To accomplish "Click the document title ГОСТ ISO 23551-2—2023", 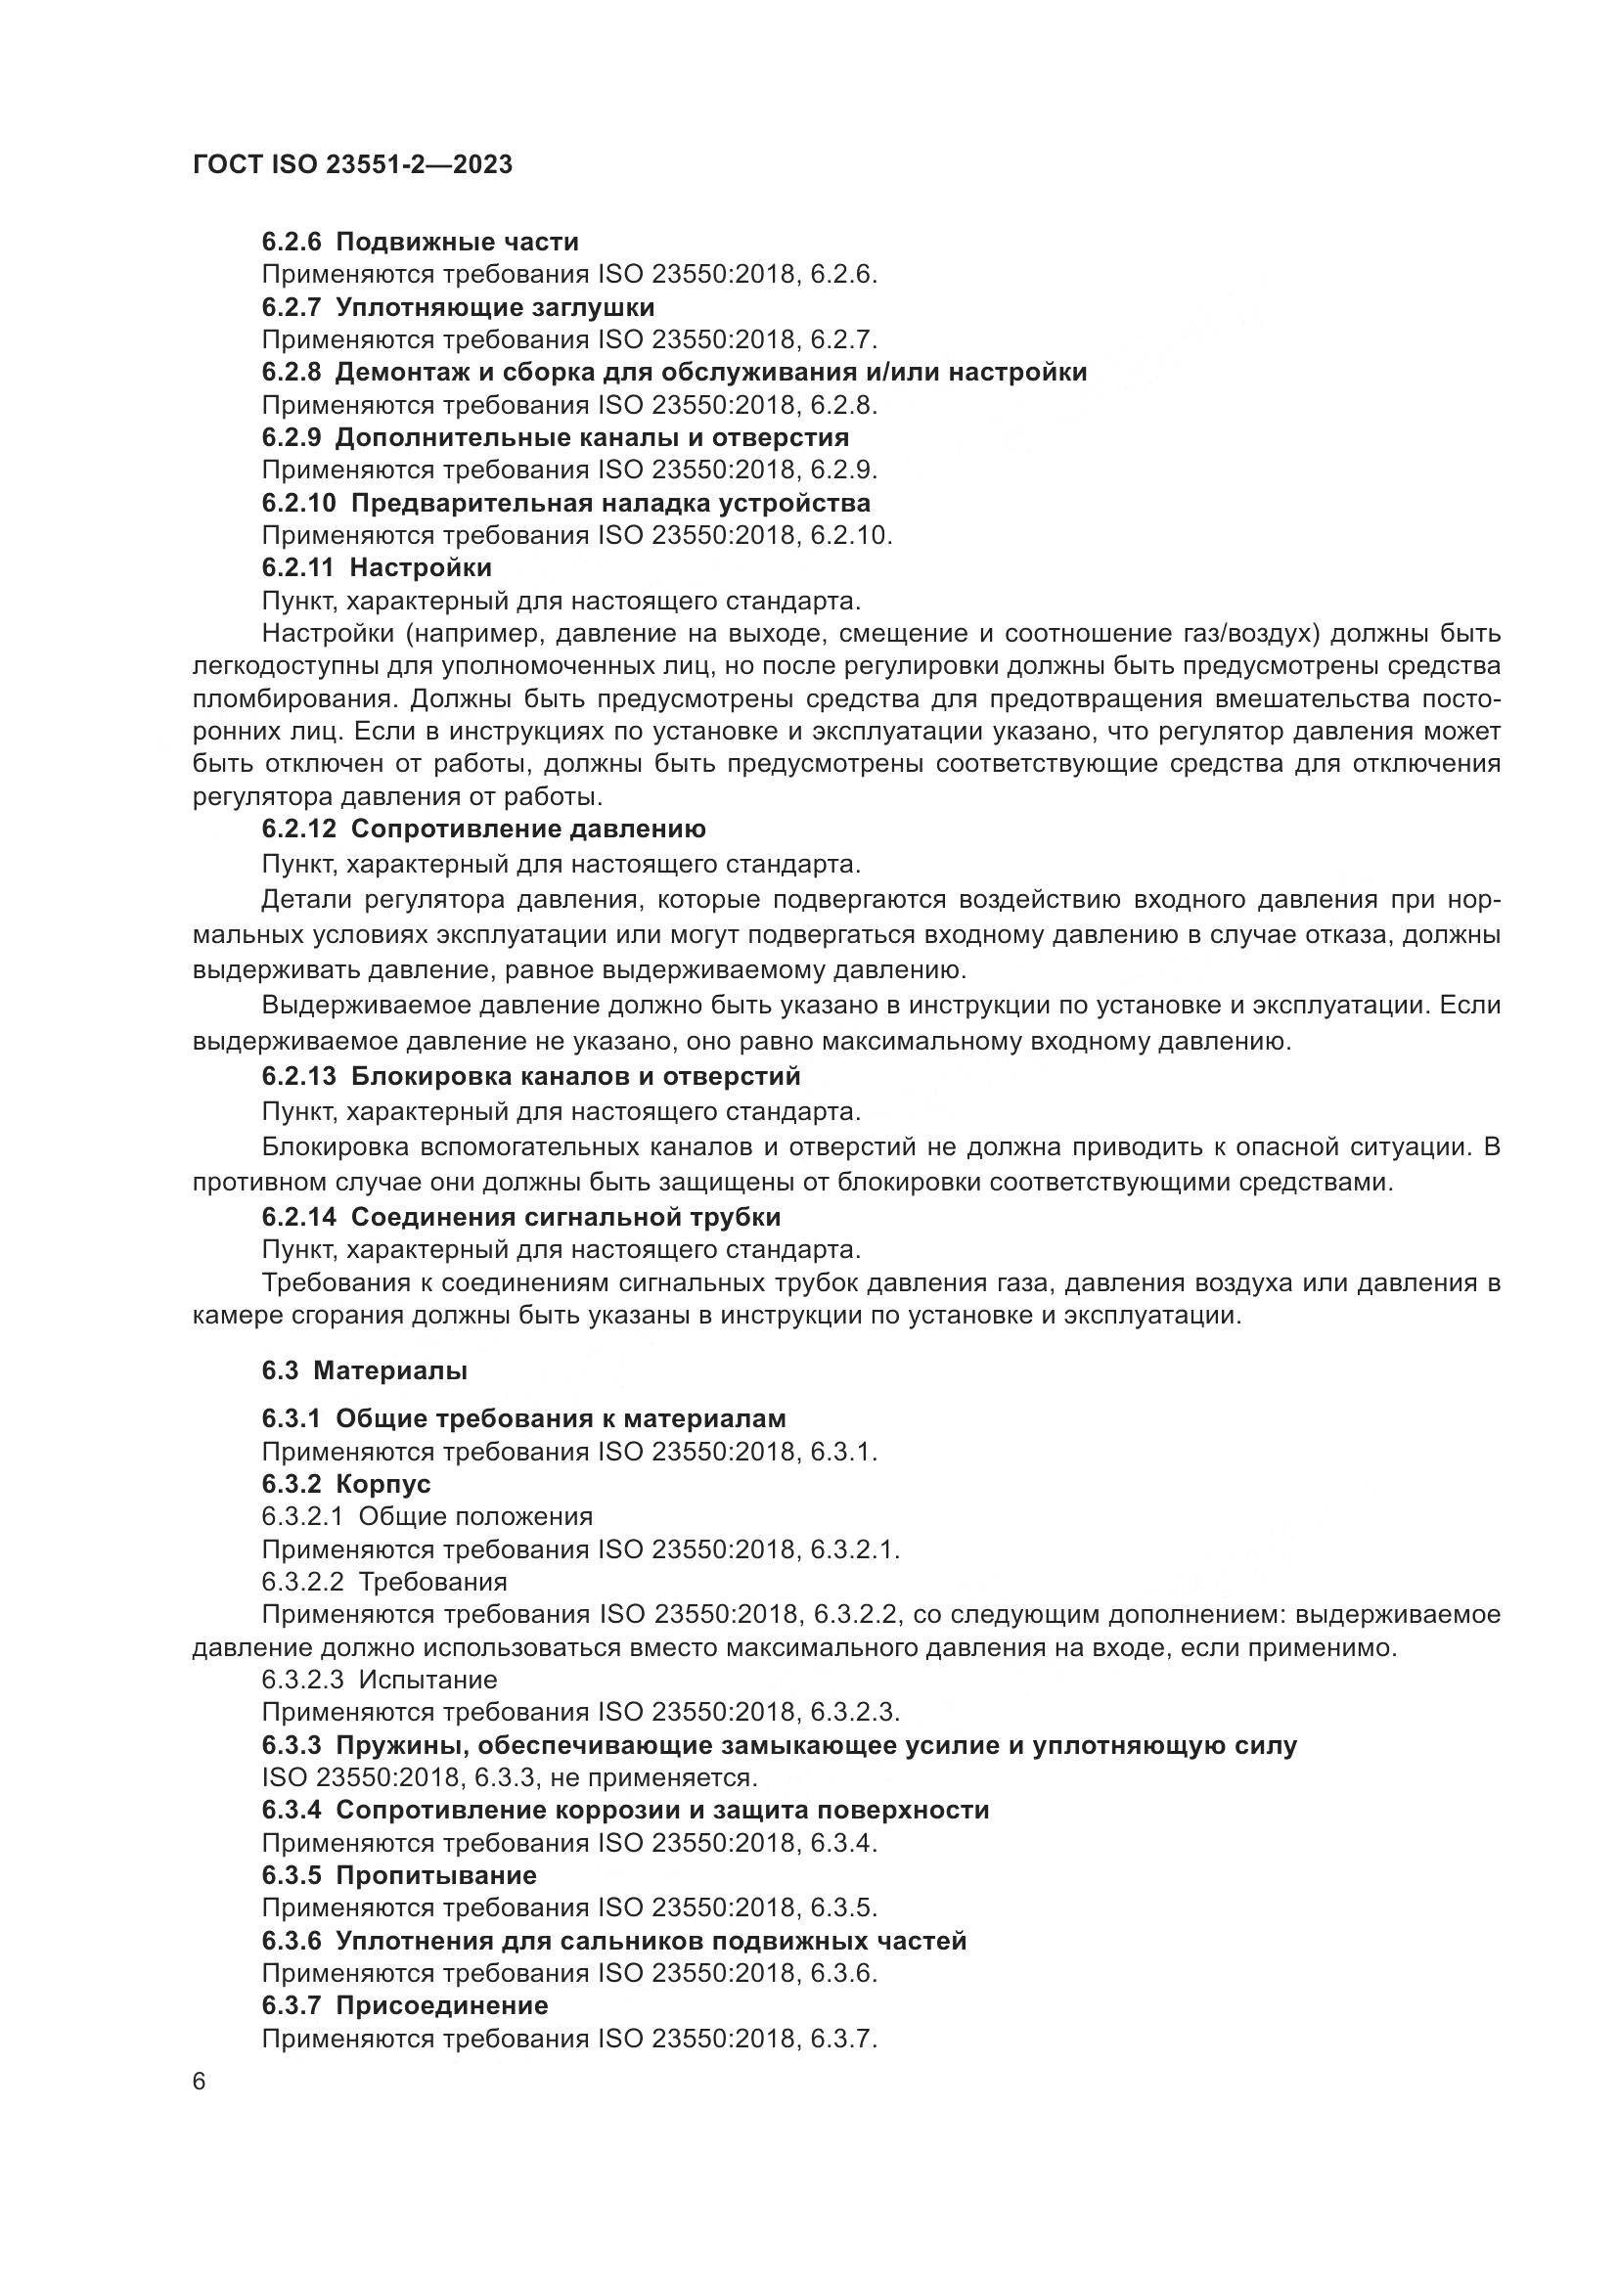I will coord(352,165).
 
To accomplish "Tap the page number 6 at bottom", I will coord(200,2082).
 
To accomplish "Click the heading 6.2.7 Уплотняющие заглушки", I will coord(457,307).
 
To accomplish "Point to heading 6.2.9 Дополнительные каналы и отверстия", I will coord(555,437).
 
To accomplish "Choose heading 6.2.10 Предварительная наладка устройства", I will coord(565,502).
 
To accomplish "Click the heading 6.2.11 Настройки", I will coord(377,568).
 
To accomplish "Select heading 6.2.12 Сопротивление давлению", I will coord(483,830).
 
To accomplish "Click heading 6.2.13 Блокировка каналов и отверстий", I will coord(531,1077).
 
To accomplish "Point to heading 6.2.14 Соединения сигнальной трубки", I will coord(521,1218).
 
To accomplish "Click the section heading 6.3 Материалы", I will coord(365,1371).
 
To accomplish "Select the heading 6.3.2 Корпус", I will coord(345,1485).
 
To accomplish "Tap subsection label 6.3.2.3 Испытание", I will coord(379,1681).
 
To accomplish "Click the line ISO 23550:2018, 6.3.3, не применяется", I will coord(509,1777).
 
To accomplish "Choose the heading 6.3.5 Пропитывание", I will coord(398,1875).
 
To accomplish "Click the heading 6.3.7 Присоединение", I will coord(405,2005).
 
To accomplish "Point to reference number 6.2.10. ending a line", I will coord(851,536).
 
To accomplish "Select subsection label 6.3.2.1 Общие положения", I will coord(427,1517).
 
